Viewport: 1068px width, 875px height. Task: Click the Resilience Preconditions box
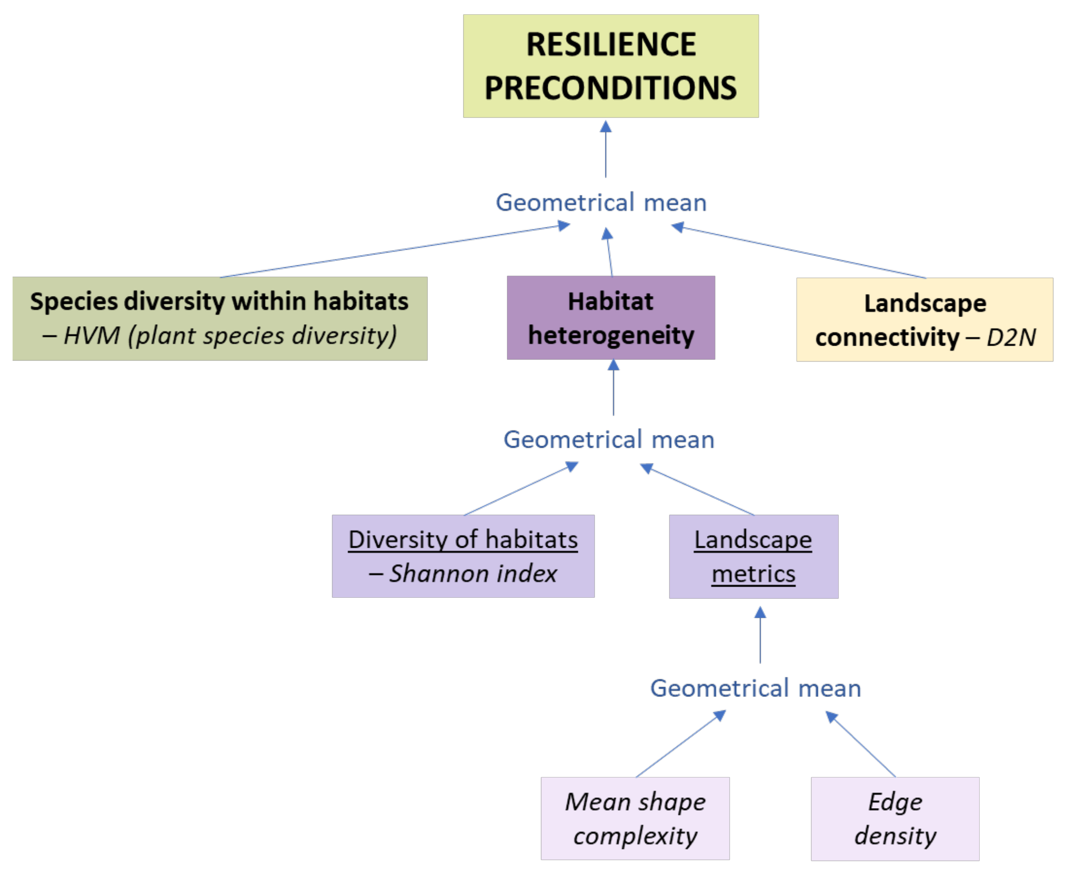coord(611,66)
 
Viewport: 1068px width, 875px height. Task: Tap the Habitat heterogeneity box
coord(611,318)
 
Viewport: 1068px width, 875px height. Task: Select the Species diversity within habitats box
coord(220,319)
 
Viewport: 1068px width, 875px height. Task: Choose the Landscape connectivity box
coord(925,320)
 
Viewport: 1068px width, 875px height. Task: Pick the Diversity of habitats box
coord(463,556)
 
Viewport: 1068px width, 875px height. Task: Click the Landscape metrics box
coord(753,556)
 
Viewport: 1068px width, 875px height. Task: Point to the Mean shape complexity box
coord(635,818)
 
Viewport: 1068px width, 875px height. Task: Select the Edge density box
coord(894,819)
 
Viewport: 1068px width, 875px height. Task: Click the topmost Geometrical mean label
coord(601,203)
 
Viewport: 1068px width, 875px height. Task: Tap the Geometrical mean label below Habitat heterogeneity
coord(609,440)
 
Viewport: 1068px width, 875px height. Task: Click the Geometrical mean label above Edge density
coord(755,688)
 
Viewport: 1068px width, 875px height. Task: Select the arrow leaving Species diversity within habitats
coord(393,251)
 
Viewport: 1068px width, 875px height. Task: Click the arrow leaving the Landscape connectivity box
coord(802,252)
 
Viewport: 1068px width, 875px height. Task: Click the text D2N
coord(1011,337)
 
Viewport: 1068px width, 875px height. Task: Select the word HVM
coord(92,336)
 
